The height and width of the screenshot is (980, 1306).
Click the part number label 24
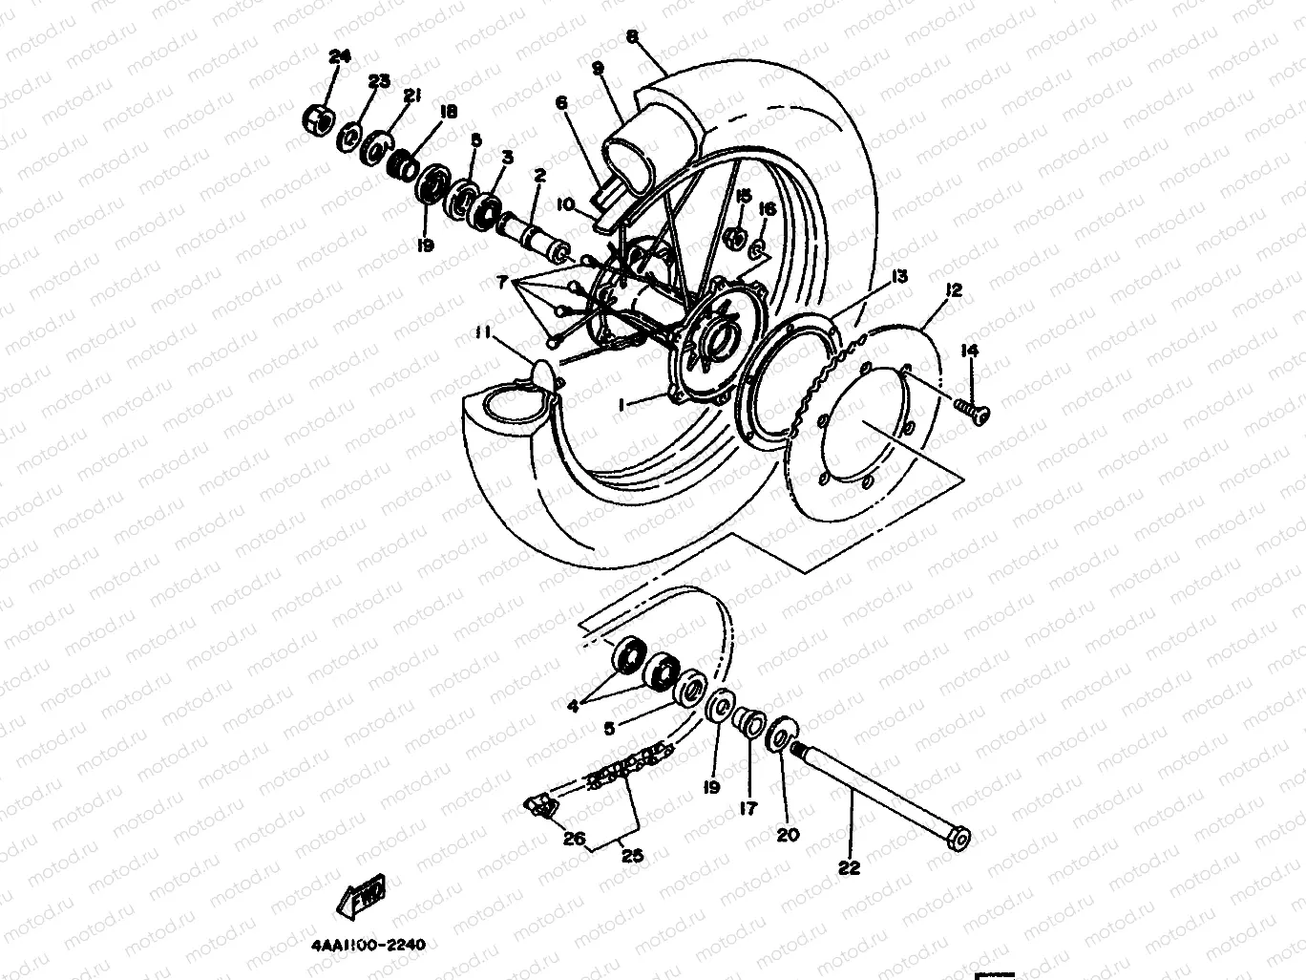(340, 57)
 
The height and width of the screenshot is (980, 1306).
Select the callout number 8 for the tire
(632, 37)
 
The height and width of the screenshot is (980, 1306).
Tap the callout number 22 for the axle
(849, 867)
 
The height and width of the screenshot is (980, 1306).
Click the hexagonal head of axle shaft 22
(959, 838)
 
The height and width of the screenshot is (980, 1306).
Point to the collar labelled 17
(748, 722)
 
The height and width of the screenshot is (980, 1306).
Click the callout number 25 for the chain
(631, 856)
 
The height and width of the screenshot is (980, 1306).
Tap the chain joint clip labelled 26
(541, 807)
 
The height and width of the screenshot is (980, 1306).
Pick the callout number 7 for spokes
(503, 283)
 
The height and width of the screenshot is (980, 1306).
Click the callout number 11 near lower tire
(485, 331)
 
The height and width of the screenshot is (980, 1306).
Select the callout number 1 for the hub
(621, 405)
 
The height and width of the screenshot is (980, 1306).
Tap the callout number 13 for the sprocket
(897, 277)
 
